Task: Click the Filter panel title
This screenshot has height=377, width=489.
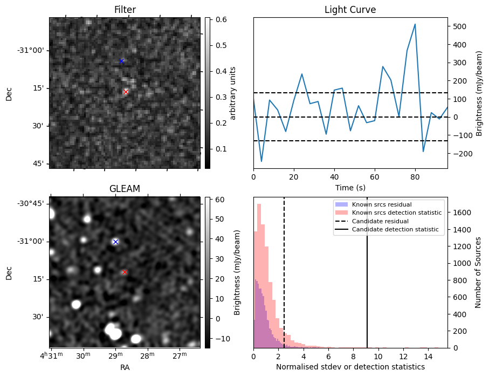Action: [125, 10]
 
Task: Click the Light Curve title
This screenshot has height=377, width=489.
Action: [350, 10]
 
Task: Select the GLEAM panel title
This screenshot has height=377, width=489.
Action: [125, 189]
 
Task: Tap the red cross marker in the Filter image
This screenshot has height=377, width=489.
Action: [126, 92]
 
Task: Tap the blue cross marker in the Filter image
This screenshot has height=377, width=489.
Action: [121, 61]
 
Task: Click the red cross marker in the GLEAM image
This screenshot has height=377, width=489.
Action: [125, 272]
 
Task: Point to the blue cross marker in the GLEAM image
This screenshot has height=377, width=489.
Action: [115, 242]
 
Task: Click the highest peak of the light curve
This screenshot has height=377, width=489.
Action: [415, 24]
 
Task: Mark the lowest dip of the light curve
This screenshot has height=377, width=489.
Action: [261, 161]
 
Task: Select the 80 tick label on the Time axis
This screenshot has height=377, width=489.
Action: [415, 177]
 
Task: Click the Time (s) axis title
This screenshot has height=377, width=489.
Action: [350, 187]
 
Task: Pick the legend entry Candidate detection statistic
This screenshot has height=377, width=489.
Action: [396, 230]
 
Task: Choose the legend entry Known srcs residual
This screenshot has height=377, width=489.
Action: [382, 204]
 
